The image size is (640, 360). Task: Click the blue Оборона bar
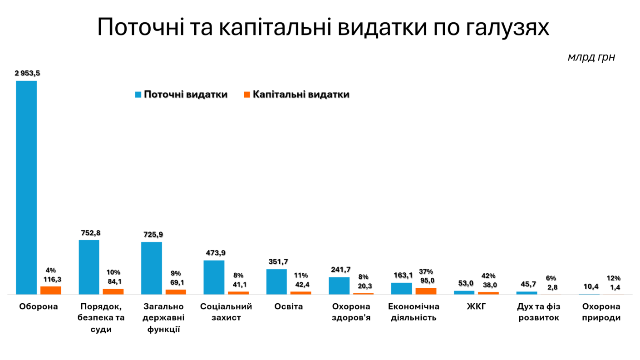coord(26,187)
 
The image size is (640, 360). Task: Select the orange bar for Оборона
coord(51,290)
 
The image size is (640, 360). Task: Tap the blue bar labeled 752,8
coord(89,267)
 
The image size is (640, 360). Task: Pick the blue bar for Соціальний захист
coord(214,277)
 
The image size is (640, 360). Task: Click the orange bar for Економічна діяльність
coord(426,291)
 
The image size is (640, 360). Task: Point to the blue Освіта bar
coord(276,281)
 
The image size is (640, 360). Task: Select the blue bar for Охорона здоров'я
coord(339,286)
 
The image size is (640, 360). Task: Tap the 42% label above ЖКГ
coord(488,276)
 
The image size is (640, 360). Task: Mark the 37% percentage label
coord(426,271)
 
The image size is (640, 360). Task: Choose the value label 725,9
coord(152,235)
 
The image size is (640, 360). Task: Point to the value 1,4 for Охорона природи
coord(615,287)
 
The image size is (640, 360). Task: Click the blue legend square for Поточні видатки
coord(138,94)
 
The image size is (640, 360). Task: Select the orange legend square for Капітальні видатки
coord(247,94)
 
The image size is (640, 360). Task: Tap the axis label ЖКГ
coord(476,306)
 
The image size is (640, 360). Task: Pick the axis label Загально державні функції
coord(163,318)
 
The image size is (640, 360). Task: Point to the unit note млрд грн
coord(591,58)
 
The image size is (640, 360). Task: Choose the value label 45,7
coord(528,284)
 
